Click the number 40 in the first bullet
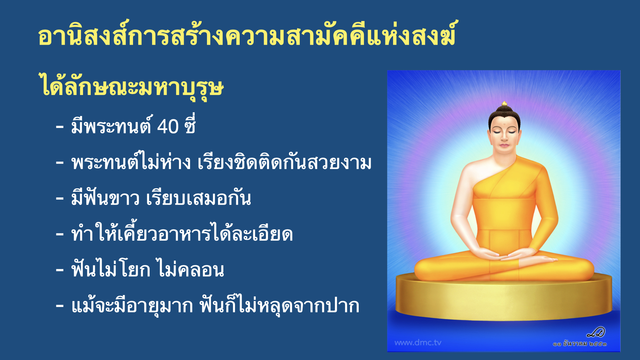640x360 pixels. [168, 127]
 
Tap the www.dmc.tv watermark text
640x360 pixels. [418, 343]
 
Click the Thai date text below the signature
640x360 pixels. [580, 344]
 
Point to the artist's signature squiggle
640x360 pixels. [596, 332]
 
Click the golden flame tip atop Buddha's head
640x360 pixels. [504, 103]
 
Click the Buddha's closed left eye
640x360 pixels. [513, 133]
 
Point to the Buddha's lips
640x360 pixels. [504, 145]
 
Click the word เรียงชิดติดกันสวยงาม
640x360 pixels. [284, 163]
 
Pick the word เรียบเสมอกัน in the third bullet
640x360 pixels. [198, 198]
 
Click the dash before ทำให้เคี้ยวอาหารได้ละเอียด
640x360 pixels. [60, 234]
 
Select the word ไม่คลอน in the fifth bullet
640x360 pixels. [191, 270]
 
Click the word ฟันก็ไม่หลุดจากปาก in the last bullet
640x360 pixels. [279, 306]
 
